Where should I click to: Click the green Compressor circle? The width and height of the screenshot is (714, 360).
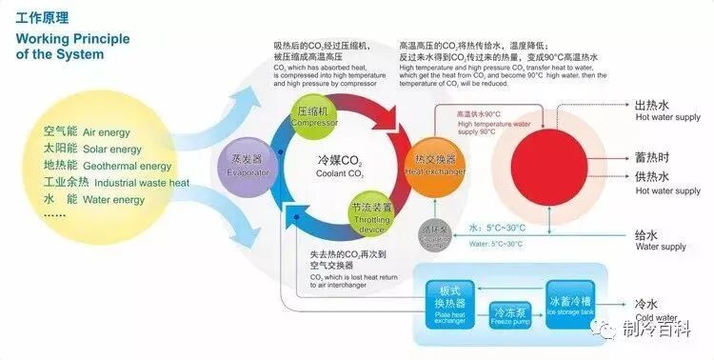(x=313, y=114)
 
